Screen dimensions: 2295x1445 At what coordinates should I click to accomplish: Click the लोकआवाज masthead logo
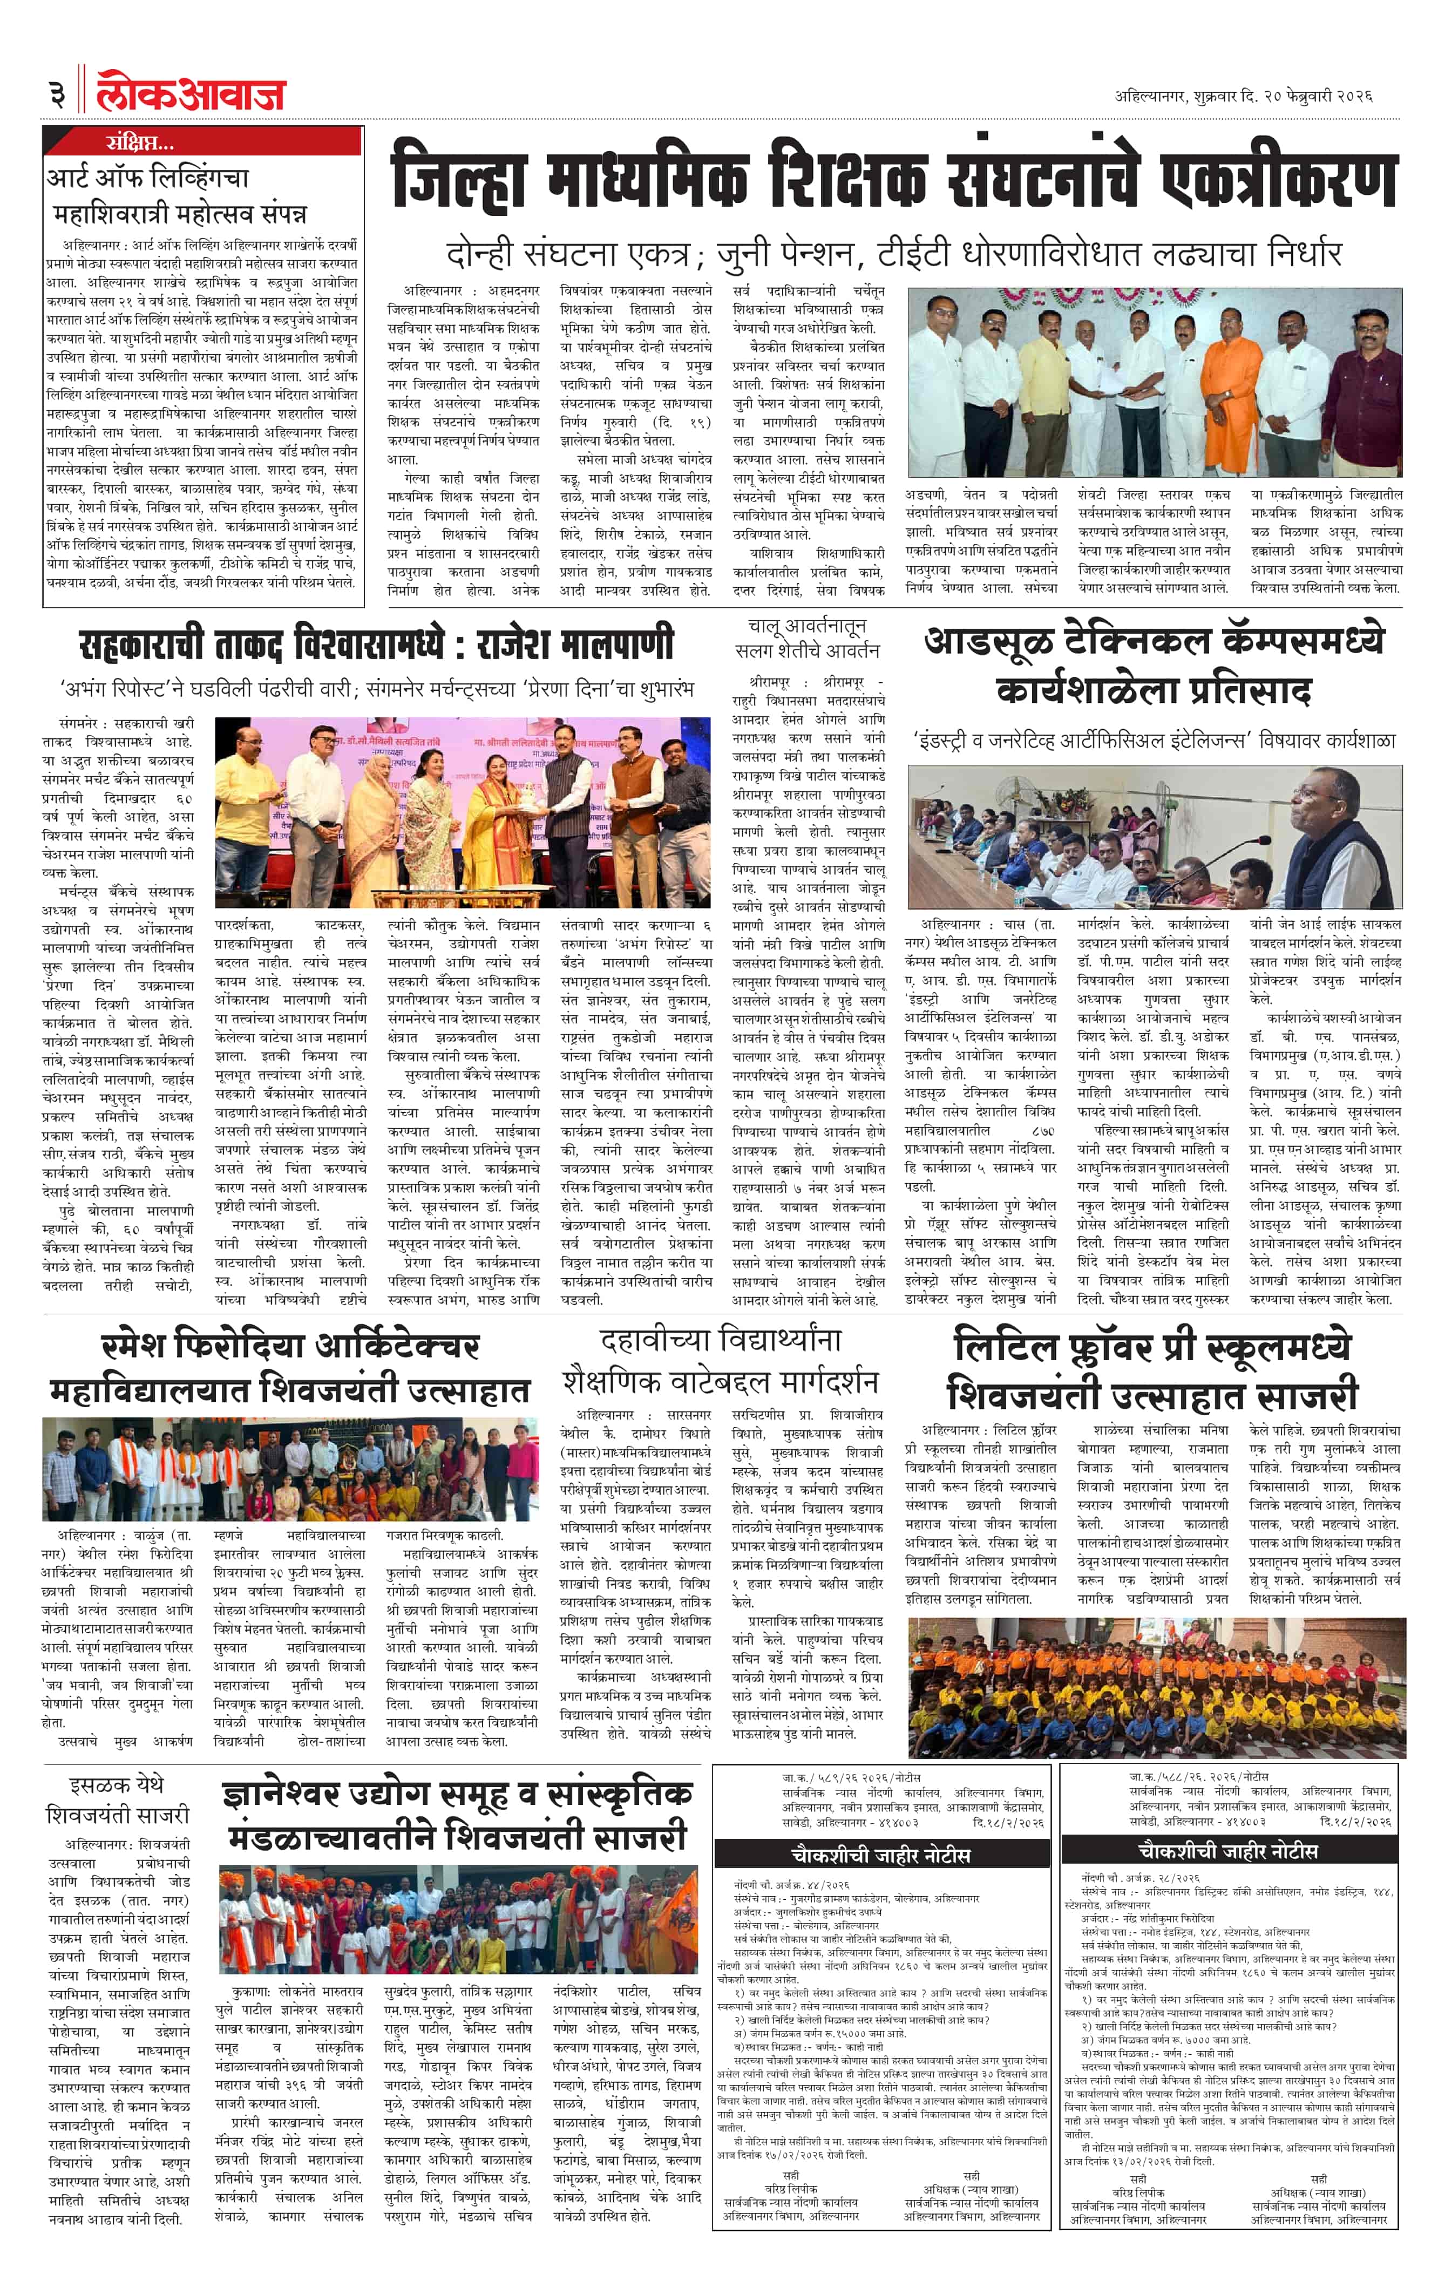click(x=191, y=92)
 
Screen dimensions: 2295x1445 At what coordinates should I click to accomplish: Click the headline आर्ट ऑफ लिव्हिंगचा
click(x=148, y=178)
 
